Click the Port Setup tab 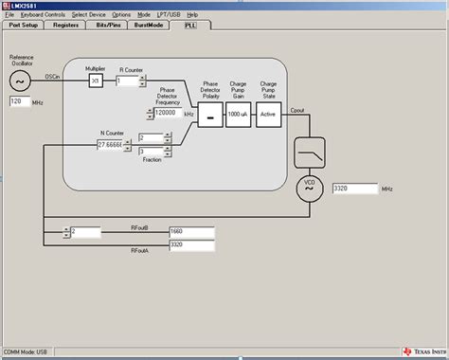click(x=25, y=24)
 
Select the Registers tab click(x=66, y=24)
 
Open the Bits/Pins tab click(x=108, y=24)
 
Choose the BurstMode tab click(x=150, y=24)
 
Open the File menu click(x=9, y=15)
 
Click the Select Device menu click(x=88, y=15)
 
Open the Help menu click(x=192, y=15)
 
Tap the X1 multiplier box click(x=95, y=81)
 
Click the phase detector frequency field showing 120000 click(x=167, y=112)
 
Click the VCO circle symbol click(x=309, y=188)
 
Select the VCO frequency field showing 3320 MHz click(x=353, y=189)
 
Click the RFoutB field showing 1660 click(x=190, y=230)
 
